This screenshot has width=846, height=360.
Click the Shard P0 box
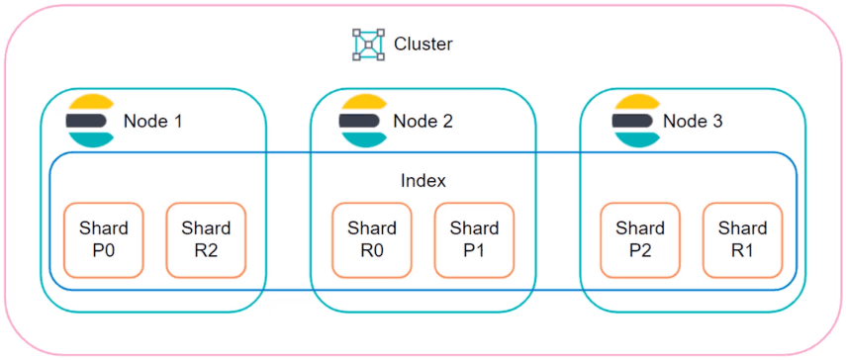(x=103, y=240)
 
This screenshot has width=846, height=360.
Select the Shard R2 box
(x=206, y=240)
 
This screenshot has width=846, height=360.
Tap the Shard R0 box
(x=371, y=240)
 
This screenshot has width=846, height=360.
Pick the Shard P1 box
(x=474, y=240)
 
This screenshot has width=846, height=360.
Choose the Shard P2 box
(x=640, y=240)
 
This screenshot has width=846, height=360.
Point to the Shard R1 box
(x=742, y=240)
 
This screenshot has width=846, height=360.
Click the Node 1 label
(x=152, y=122)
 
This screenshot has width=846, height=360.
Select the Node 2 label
(x=423, y=122)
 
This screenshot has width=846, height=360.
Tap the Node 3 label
(x=693, y=122)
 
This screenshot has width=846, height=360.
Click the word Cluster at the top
(x=423, y=45)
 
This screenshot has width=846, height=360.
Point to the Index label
(x=423, y=181)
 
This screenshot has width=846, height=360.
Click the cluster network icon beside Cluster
(x=368, y=45)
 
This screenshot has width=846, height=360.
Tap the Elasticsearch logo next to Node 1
(x=90, y=121)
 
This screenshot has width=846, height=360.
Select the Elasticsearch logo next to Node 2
(x=362, y=121)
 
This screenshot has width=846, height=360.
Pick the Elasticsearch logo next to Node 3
(x=635, y=121)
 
